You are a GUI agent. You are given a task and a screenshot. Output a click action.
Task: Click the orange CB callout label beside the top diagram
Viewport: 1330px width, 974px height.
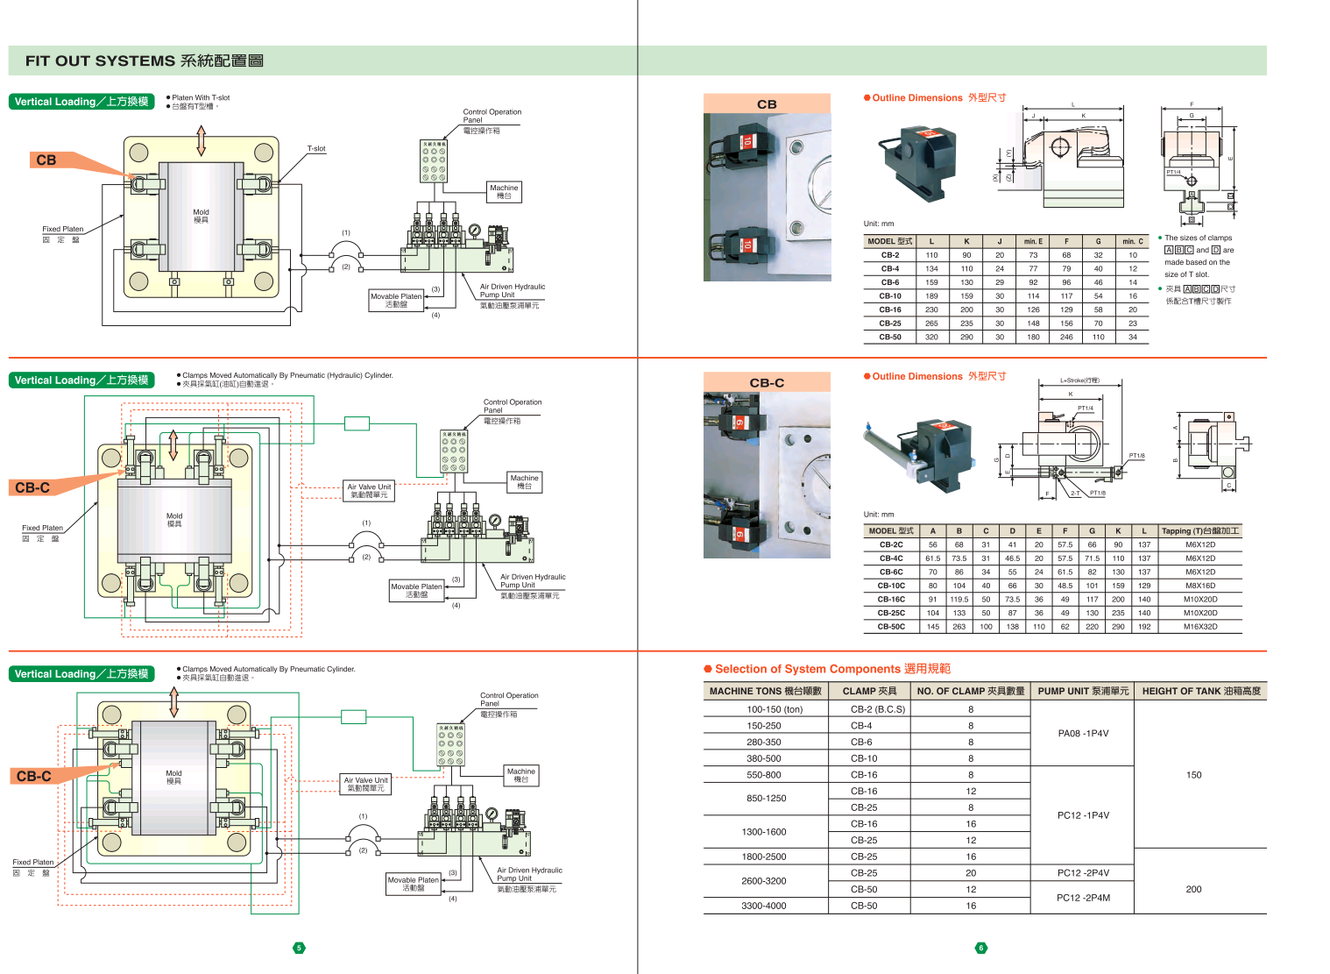click(x=46, y=160)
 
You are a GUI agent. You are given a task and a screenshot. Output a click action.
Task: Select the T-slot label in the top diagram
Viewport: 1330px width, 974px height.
click(x=316, y=149)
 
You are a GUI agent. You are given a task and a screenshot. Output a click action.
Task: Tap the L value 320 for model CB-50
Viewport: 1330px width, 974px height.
click(x=931, y=337)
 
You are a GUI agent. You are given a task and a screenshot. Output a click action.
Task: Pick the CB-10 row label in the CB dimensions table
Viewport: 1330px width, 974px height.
click(x=890, y=296)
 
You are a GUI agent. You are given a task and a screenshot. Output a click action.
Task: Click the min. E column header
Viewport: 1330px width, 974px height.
click(x=1033, y=241)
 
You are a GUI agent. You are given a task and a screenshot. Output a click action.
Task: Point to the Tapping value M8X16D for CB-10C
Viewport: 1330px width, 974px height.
click(x=1200, y=586)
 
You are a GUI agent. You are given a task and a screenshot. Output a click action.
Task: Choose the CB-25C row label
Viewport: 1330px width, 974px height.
click(x=891, y=613)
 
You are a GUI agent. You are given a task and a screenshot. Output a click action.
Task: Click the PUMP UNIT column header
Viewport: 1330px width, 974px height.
click(x=1083, y=691)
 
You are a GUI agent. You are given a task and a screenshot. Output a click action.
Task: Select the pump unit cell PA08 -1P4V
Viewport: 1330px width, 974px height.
click(x=1083, y=734)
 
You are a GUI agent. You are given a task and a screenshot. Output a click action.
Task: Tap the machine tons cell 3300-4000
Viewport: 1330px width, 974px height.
click(x=764, y=906)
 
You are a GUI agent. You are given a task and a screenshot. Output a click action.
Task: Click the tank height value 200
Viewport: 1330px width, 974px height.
click(x=1193, y=889)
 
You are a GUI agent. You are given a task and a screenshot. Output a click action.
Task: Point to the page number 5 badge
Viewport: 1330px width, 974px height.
click(x=299, y=948)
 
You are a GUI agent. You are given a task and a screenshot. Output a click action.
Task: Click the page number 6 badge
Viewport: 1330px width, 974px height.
click(x=980, y=948)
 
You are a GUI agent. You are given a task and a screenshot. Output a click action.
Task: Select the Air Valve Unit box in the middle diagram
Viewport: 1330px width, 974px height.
click(x=369, y=491)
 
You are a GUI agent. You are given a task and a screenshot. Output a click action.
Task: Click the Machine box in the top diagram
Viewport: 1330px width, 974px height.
click(x=504, y=192)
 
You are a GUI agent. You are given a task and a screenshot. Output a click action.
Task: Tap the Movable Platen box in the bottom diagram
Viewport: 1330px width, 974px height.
click(x=414, y=884)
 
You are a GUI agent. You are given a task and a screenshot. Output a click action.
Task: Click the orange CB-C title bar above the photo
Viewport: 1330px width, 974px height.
click(x=767, y=382)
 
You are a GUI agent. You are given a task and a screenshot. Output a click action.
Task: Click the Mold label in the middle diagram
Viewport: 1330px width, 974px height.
click(x=174, y=520)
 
